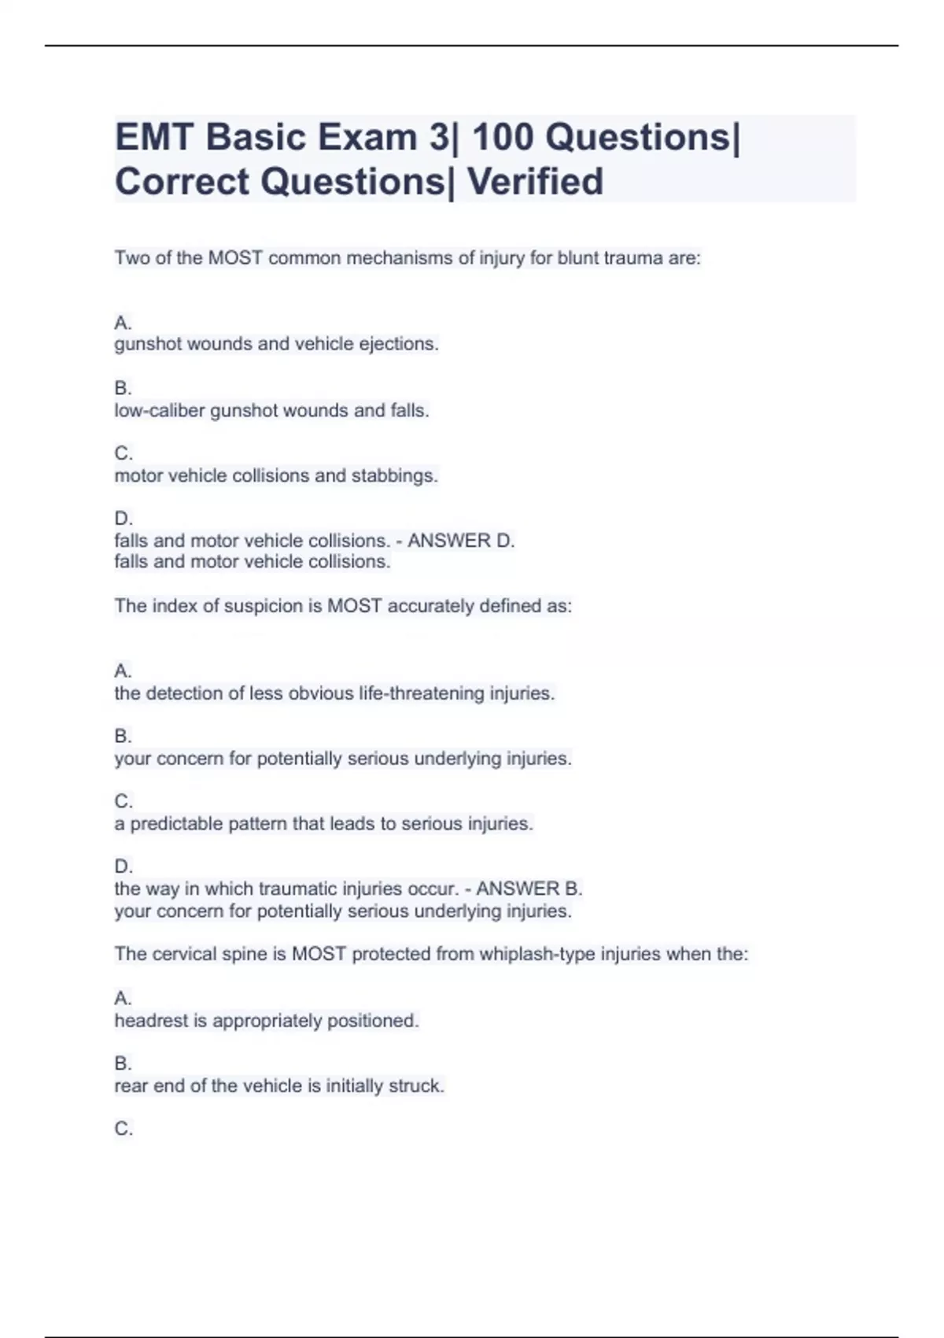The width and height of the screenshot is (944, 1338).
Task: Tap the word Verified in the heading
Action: pos(535,182)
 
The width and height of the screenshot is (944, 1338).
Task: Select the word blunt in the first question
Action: pos(577,258)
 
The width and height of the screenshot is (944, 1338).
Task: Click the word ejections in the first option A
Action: pos(398,344)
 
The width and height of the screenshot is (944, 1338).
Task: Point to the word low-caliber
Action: pos(159,410)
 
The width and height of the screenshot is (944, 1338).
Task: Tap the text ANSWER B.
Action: pos(529,889)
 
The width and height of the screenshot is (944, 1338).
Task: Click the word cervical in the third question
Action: pos(184,954)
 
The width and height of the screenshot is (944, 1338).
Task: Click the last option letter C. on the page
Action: pos(124,1129)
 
